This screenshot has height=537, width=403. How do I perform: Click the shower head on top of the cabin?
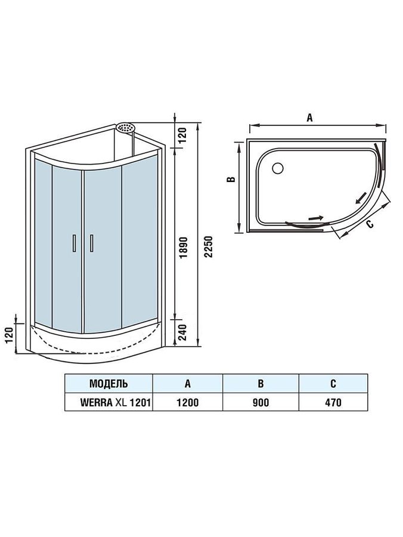point(126,128)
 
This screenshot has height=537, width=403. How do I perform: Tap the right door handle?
point(91,243)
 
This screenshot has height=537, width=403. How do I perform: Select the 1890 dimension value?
point(184,247)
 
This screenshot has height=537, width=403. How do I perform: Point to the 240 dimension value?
point(184,332)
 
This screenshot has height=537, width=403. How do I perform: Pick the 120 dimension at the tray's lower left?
point(9,335)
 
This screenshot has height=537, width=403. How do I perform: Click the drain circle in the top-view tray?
point(277,168)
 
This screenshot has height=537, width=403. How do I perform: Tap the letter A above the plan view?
point(309,118)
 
